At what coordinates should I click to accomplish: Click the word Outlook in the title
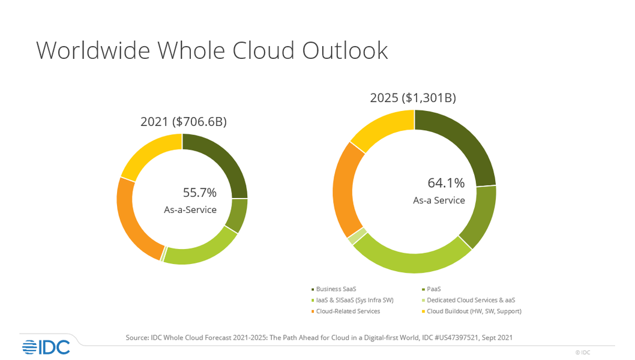345,50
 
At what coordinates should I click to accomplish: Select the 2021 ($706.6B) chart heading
183,122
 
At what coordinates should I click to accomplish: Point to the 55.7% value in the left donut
199,193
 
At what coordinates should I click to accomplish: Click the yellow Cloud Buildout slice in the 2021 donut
149,154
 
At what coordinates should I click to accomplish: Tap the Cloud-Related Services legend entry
347,311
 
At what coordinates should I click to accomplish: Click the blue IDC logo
46,346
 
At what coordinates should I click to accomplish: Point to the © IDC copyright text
582,353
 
